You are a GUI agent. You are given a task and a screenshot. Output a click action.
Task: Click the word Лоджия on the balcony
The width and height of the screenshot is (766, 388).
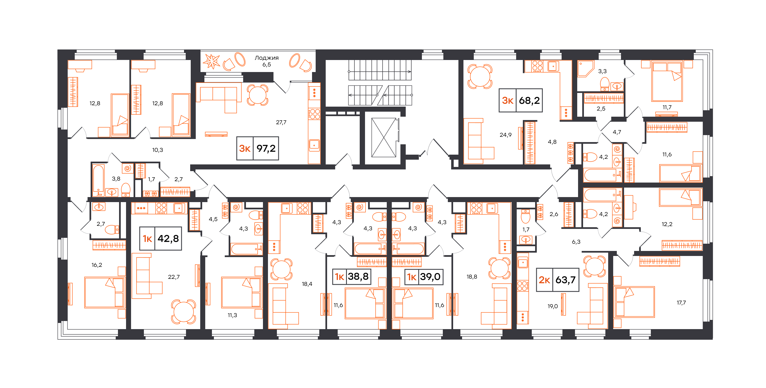[x=266, y=58]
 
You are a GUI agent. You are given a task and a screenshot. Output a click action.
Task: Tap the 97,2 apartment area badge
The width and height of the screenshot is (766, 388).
[x=257, y=148]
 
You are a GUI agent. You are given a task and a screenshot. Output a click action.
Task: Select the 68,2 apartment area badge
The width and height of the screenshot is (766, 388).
[x=521, y=100]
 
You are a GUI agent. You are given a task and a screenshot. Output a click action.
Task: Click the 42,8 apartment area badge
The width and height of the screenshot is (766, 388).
[x=161, y=238]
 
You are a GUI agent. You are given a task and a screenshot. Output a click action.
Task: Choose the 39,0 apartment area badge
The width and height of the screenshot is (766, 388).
[x=424, y=277]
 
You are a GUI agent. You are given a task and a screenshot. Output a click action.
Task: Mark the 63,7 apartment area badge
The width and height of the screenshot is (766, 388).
[x=557, y=280]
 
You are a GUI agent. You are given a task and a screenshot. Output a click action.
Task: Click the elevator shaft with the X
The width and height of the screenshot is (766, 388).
[x=384, y=137]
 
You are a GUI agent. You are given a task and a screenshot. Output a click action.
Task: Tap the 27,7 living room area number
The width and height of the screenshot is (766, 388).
[x=281, y=122]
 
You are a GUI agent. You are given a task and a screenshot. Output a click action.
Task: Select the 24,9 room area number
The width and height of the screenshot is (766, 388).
[x=506, y=135]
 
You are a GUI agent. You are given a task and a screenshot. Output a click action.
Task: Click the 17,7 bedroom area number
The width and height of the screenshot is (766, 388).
[x=681, y=303]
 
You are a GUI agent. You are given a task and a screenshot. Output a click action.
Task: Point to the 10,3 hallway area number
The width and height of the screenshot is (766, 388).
[x=158, y=150]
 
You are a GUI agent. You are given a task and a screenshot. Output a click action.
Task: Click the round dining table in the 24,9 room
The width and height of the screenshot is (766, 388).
[x=480, y=76]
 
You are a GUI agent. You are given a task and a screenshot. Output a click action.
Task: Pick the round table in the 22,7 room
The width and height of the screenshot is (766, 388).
[x=183, y=312]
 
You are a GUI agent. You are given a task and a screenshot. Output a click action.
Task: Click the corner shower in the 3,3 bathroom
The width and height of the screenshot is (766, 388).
[x=586, y=69]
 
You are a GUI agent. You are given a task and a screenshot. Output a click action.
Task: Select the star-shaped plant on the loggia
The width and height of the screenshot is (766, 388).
[x=211, y=61]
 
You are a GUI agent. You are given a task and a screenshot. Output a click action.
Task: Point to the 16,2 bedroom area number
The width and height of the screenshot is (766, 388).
[x=97, y=265]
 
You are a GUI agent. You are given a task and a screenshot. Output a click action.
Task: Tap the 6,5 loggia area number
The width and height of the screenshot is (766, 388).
[x=266, y=64]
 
